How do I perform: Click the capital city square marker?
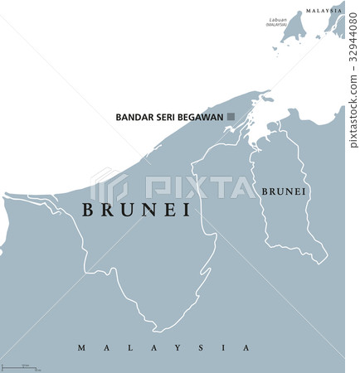click(x=234, y=118)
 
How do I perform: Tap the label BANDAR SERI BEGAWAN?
click(x=172, y=118)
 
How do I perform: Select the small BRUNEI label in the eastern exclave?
click(x=285, y=191)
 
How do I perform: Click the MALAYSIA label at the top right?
click(x=324, y=10)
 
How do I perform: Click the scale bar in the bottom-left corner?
click(x=25, y=366)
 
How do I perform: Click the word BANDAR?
click(x=132, y=118)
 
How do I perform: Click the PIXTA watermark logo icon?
click(x=105, y=186)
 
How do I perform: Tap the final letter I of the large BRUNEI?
click(x=186, y=211)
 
